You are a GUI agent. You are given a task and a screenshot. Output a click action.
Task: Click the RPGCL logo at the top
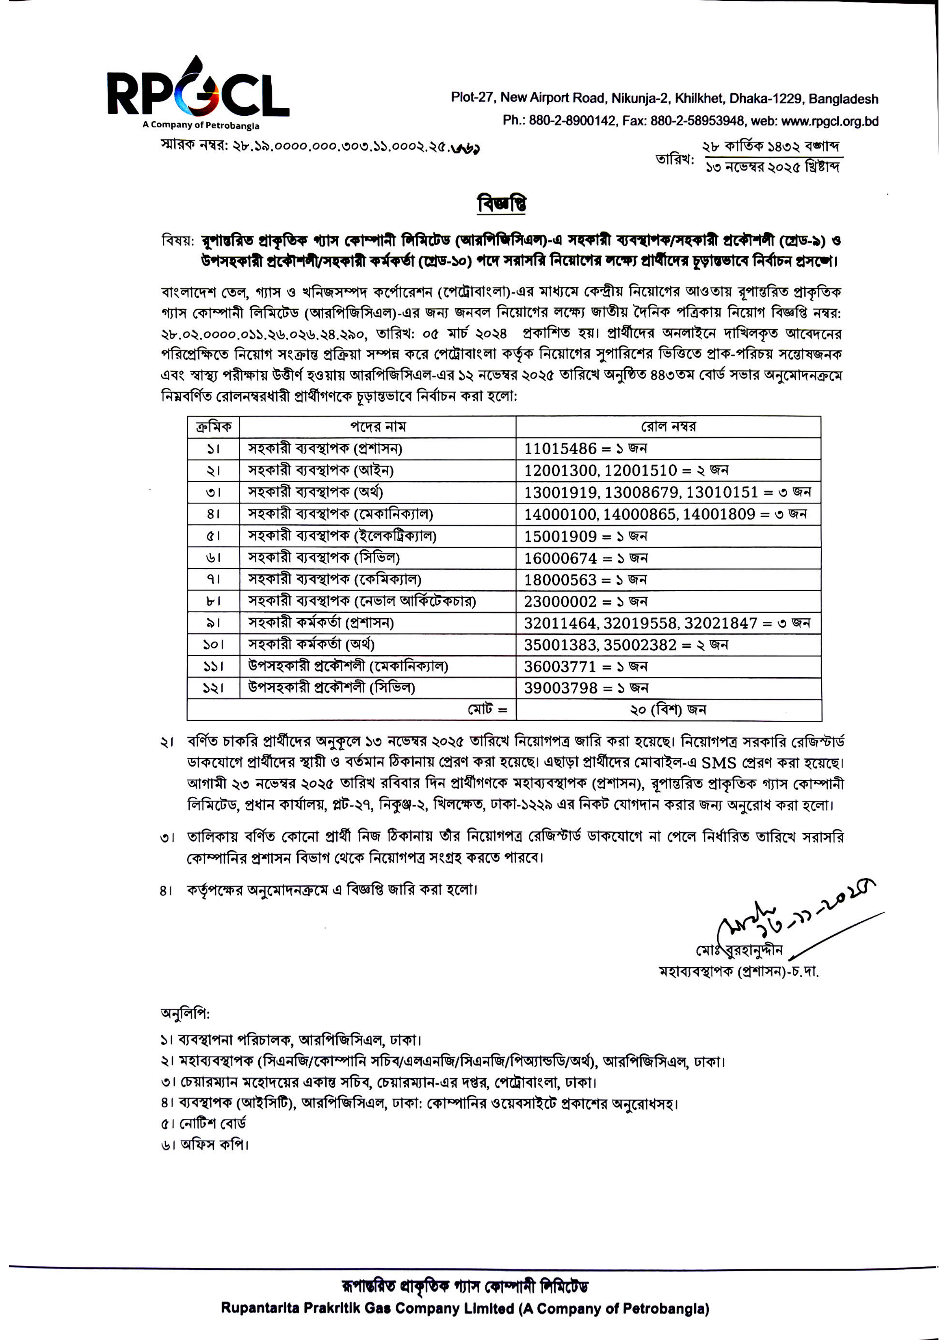point(198,92)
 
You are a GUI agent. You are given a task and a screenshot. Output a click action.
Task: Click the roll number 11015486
point(561,448)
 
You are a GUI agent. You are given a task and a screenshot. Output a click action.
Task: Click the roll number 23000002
point(561,601)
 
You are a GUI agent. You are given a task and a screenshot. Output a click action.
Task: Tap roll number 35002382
point(640,645)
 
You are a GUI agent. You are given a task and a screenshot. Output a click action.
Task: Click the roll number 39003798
point(561,688)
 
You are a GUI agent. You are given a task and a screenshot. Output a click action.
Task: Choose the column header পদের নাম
point(378,427)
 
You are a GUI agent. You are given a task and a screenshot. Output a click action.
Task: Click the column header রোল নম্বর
point(668,427)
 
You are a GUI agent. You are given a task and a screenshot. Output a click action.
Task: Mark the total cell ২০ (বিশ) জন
point(668,710)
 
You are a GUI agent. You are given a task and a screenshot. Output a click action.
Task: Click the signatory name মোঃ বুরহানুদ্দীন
point(739,951)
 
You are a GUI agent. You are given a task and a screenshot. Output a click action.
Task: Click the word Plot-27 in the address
point(472,97)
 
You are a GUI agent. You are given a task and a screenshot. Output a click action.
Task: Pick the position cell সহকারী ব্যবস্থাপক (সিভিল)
point(324,558)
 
